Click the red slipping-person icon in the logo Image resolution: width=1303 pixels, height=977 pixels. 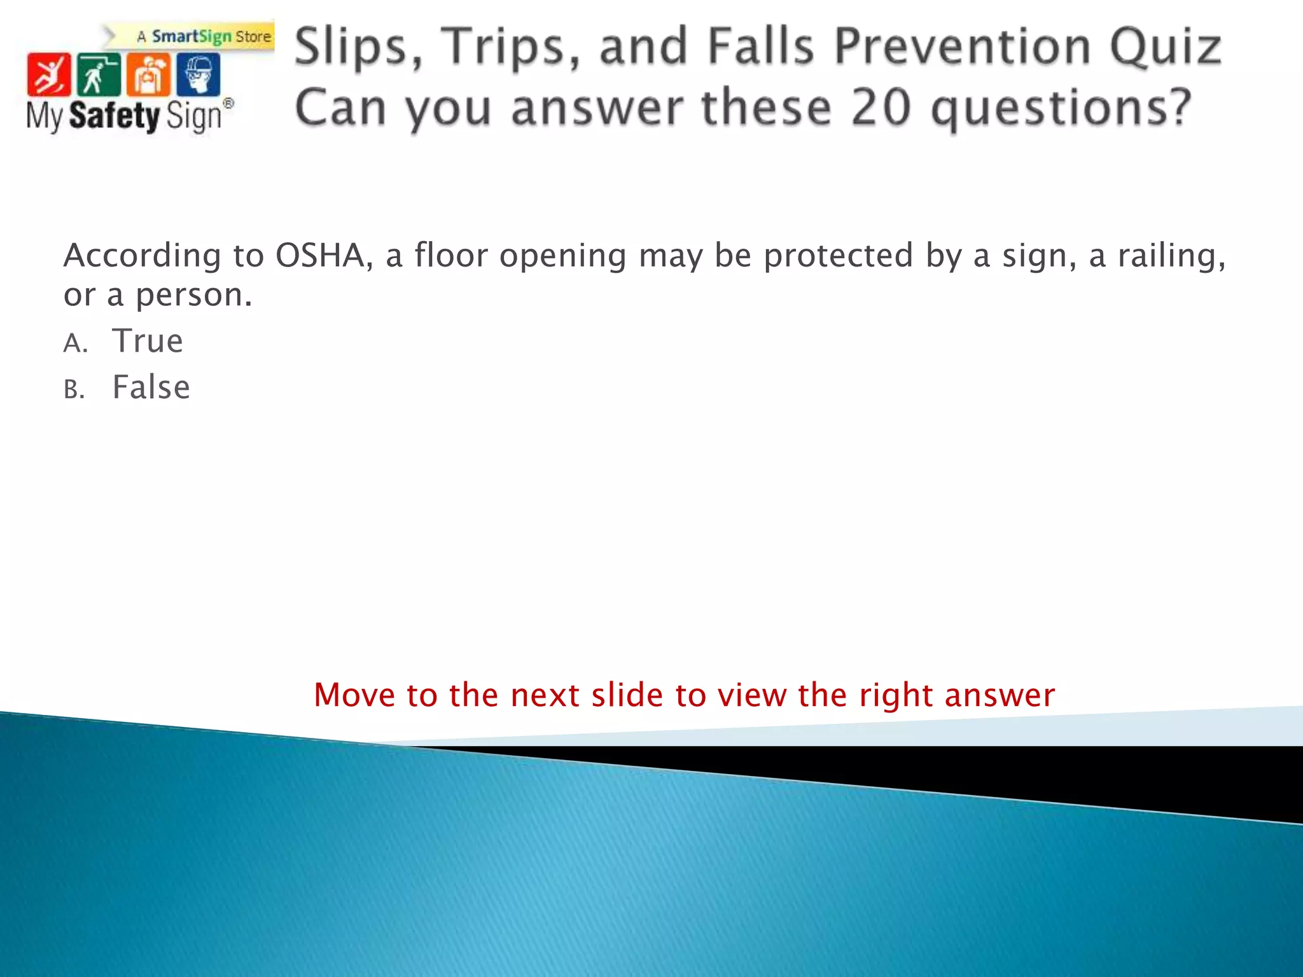pos(48,74)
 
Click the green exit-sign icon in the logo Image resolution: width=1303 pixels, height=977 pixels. pos(98,74)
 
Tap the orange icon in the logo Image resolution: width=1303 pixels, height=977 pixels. pos(148,74)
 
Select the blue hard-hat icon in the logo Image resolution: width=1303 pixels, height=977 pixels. pos(198,74)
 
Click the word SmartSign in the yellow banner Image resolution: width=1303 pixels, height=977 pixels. pos(192,37)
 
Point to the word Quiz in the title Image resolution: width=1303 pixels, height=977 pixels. pos(1165,47)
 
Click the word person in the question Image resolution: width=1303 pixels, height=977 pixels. pos(193,295)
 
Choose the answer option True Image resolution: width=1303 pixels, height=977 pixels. pos(148,341)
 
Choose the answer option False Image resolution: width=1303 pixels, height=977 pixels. pos(151,387)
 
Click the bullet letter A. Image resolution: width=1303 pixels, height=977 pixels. pos(74,343)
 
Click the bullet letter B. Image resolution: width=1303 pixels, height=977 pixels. pos(73,390)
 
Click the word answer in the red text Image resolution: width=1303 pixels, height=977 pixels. pos(1000,695)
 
